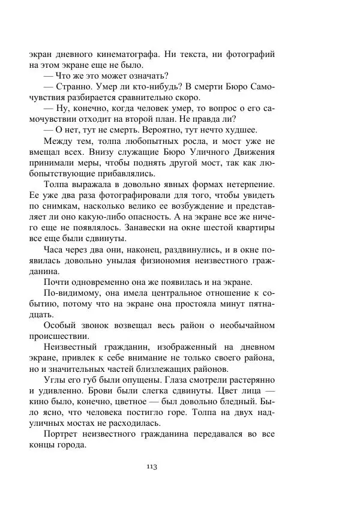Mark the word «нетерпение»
pos(245,185)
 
